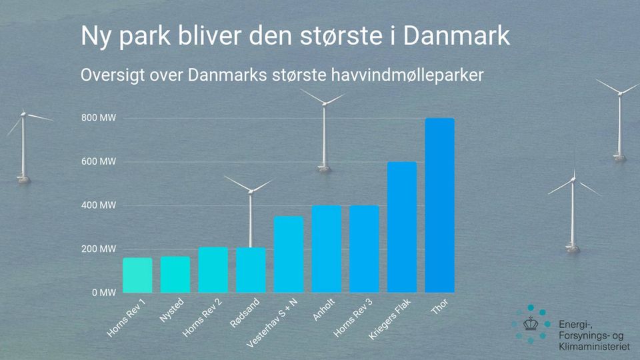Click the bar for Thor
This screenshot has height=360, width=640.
click(439, 205)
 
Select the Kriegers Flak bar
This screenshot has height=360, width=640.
click(402, 227)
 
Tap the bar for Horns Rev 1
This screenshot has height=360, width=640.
click(137, 275)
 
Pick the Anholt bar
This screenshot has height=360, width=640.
click(327, 249)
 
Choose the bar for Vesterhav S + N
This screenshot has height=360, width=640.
click(289, 254)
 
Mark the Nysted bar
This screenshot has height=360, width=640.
click(175, 274)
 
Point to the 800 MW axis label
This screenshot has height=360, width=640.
click(99, 118)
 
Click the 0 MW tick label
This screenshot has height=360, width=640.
click(104, 293)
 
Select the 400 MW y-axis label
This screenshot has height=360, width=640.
click(99, 205)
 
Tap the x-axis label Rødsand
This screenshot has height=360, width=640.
click(245, 313)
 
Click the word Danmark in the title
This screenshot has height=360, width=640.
click(457, 35)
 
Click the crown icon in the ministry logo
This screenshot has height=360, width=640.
click(531, 324)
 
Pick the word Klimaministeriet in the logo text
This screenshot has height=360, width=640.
click(594, 347)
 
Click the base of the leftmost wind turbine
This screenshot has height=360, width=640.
click(24, 179)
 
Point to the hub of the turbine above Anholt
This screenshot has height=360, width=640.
click(325, 104)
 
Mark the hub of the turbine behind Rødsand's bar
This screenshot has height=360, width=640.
click(251, 191)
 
